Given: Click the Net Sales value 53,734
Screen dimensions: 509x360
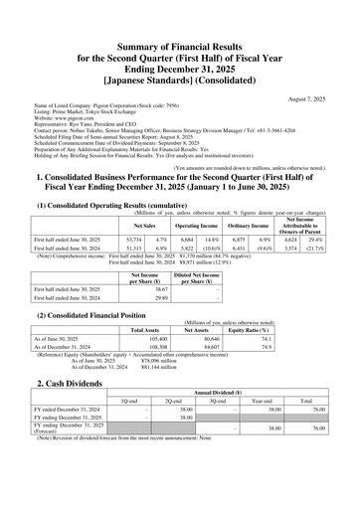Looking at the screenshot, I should (132, 241).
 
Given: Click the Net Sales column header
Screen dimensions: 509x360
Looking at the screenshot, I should (130, 226).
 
